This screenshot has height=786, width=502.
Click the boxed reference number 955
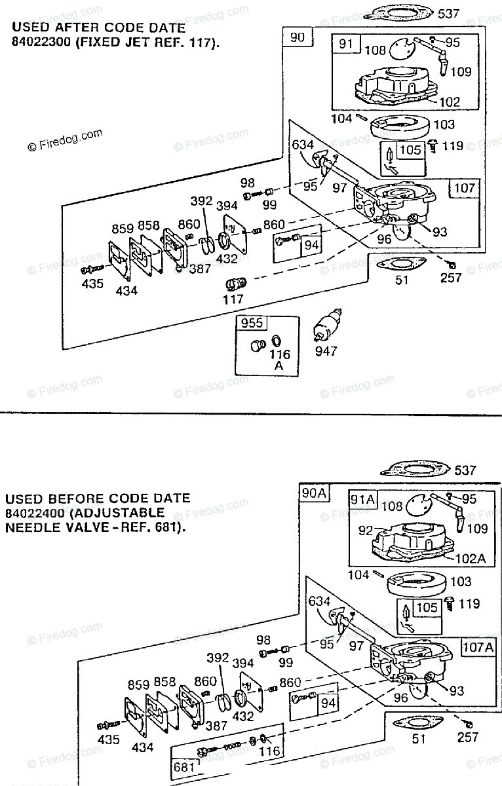click(x=252, y=323)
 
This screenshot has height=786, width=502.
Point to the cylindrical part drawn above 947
click(x=327, y=326)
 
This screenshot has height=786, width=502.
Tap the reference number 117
click(x=233, y=299)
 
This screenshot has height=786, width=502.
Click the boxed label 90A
click(x=314, y=493)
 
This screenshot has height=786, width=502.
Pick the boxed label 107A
click(x=478, y=646)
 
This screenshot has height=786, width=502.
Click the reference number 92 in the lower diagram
click(x=365, y=530)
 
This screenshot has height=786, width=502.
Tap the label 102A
click(x=471, y=558)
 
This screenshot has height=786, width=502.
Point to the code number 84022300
click(x=41, y=42)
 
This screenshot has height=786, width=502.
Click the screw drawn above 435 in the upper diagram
click(x=92, y=269)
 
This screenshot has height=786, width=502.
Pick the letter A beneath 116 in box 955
click(x=279, y=365)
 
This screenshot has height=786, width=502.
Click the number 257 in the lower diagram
click(x=468, y=738)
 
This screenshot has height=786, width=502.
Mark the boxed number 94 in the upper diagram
click(x=311, y=244)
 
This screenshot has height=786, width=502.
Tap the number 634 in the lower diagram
click(x=319, y=601)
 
